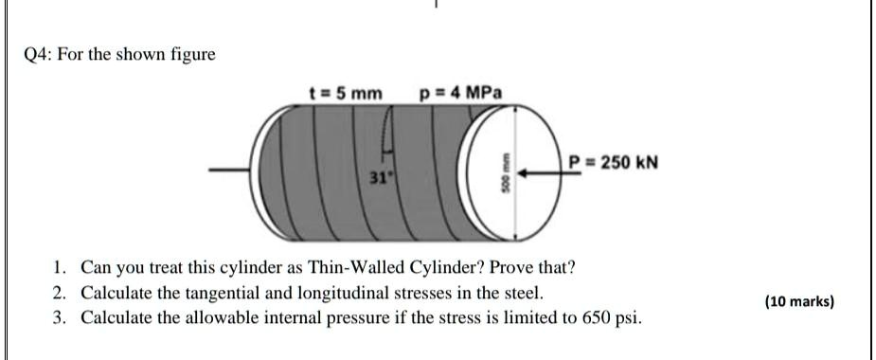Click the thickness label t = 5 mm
(347, 93)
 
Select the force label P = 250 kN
(613, 162)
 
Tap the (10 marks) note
(799, 301)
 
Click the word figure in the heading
(193, 55)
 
